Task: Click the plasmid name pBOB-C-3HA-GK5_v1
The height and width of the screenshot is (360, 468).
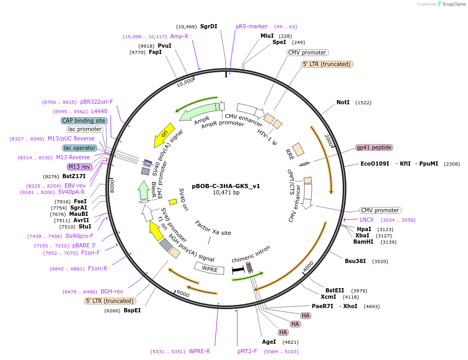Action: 226,186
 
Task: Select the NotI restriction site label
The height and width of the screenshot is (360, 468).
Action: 343,103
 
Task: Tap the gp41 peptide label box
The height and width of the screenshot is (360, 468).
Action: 374,148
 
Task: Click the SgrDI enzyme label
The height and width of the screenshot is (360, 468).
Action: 209,26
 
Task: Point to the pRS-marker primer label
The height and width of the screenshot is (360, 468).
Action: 252,26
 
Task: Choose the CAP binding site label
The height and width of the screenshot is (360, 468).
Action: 84,121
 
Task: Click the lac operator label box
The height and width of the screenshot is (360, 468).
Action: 80,148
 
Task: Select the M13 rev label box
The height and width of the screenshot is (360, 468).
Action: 80,167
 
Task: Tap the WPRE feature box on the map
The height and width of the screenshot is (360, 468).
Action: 210,269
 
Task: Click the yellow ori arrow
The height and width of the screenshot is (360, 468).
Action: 165,135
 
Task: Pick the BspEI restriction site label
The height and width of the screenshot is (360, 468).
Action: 132,310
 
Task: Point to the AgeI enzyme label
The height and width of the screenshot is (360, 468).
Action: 269,342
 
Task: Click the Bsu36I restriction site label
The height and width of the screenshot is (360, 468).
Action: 355,261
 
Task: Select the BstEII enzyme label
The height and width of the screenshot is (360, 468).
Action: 335,290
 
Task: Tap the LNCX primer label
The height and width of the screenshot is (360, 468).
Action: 366,220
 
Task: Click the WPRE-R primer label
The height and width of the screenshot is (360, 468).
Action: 199,352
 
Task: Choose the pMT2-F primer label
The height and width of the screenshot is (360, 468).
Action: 247,352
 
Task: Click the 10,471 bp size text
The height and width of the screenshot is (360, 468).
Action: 226,193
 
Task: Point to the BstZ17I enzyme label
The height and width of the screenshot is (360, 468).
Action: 74,176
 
